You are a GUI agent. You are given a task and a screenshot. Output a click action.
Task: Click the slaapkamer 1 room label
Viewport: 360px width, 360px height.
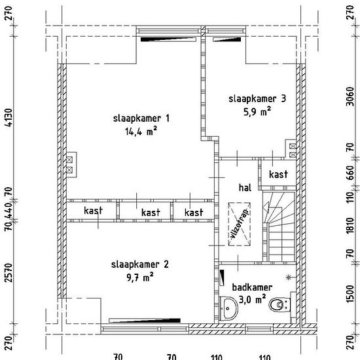(141, 118)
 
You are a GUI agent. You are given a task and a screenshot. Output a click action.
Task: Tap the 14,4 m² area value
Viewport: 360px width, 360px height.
(141, 132)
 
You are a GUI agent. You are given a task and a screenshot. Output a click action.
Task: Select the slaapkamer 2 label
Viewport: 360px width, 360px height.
(140, 264)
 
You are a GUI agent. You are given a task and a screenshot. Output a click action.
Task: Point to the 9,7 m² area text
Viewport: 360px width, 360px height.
(140, 278)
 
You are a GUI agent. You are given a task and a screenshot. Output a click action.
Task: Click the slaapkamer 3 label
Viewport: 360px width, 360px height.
(257, 99)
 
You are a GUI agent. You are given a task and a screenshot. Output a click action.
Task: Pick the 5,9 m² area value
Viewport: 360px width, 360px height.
(257, 111)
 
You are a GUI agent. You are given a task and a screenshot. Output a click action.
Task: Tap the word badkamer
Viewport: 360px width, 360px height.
(252, 287)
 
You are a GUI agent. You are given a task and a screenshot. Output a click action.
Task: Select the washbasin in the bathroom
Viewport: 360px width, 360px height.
(228, 308)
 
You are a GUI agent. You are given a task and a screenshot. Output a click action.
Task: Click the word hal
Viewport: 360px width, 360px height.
(245, 188)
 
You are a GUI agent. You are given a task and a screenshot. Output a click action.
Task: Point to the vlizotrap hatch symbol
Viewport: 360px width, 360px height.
(239, 224)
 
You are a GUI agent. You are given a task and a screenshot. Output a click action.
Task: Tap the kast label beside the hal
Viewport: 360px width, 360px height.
(278, 174)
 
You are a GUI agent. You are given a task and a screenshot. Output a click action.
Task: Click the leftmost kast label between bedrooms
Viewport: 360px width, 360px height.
(93, 211)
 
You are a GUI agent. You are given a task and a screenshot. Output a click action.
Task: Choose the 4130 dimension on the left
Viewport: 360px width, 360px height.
(9, 118)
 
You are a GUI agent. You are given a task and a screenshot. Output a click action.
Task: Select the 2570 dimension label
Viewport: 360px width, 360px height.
(9, 273)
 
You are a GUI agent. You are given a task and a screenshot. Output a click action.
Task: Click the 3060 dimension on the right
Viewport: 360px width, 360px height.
(350, 96)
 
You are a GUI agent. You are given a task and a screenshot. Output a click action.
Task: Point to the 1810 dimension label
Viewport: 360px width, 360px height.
(350, 226)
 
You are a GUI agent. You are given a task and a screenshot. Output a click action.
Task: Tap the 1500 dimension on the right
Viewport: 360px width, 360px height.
(350, 294)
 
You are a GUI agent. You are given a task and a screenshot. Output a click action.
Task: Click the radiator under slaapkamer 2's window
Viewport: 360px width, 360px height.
(145, 320)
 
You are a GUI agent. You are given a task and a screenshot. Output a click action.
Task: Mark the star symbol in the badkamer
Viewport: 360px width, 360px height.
(289, 278)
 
